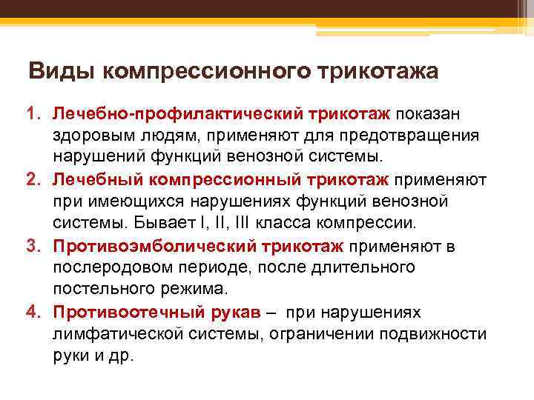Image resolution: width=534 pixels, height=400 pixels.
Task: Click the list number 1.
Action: [x=33, y=115]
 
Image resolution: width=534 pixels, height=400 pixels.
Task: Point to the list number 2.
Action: [x=33, y=179]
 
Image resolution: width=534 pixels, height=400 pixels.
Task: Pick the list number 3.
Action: [x=33, y=244]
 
